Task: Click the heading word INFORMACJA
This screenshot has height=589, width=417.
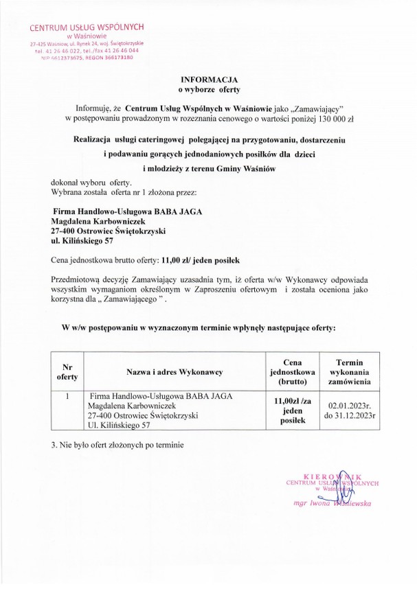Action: coord(207,80)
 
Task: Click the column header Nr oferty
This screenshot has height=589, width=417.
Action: coord(68,371)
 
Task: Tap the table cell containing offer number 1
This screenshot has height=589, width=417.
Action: coord(68,396)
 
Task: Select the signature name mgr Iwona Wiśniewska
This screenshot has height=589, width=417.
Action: coord(332,503)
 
